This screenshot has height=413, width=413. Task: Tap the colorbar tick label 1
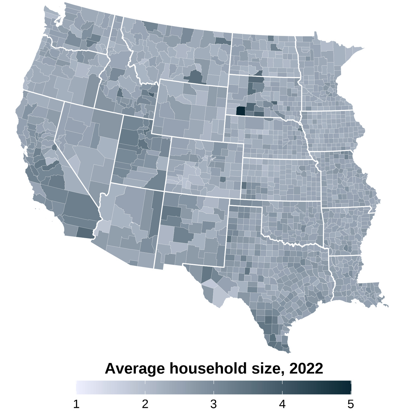coord(76,404)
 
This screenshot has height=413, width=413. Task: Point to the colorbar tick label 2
coord(145,404)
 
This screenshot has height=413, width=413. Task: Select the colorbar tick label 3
coord(214,404)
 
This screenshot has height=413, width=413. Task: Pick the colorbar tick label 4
coord(282,404)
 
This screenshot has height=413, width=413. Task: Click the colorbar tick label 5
coord(351,404)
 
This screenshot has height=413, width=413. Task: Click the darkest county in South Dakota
coord(240,111)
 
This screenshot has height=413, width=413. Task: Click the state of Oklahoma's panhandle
coord(245,203)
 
